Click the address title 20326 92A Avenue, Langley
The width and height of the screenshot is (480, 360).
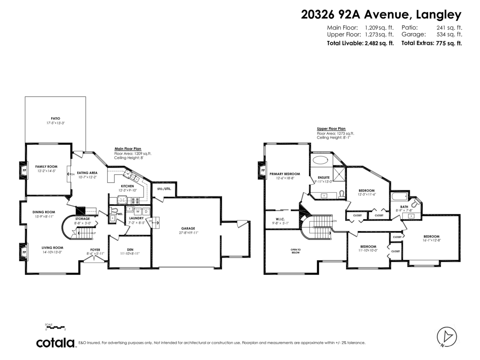click(x=381, y=15)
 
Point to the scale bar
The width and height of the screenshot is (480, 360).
click(x=55, y=327)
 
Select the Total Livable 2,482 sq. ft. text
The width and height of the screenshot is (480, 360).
click(x=360, y=43)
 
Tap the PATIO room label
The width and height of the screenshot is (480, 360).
click(x=55, y=118)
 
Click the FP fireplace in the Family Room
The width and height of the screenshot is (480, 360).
click(x=23, y=170)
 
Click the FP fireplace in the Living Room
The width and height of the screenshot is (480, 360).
click(x=23, y=252)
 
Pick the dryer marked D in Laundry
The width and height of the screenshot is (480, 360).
click(x=146, y=211)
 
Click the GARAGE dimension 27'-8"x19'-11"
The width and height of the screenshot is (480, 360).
click(x=187, y=232)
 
